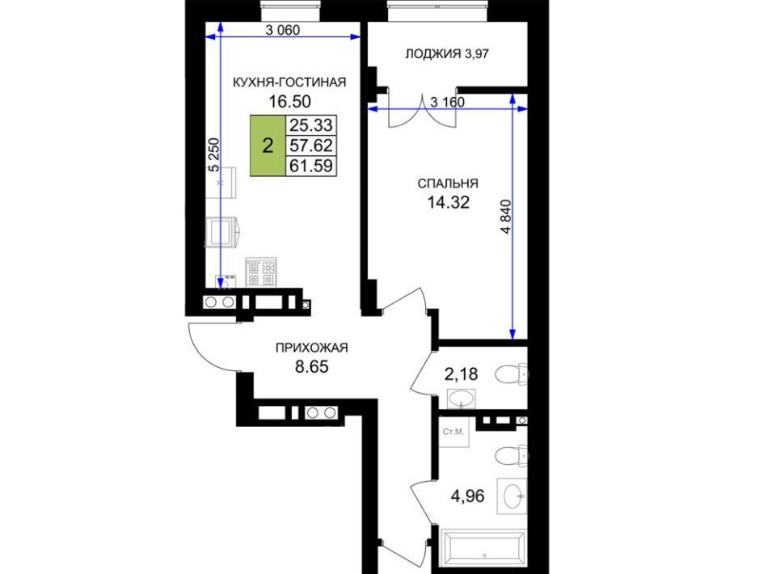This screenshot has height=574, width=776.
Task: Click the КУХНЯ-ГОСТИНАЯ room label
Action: coord(289,82)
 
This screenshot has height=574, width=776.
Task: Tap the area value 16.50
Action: coord(289,101)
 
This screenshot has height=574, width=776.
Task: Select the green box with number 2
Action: coord(268,146)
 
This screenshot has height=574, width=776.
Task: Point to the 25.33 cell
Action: coord(310,125)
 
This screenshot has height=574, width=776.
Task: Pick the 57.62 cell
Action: coord(310,146)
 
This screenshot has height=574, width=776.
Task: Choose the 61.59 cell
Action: coord(310,165)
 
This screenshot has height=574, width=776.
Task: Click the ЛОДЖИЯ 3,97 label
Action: coord(447,53)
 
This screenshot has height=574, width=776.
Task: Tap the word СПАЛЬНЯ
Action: coord(448,184)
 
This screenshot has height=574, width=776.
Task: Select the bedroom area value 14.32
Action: coord(448,202)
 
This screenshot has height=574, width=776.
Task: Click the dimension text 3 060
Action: coord(283,30)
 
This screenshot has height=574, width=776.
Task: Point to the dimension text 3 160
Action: coord(447,102)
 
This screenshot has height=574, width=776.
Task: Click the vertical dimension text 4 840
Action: coord(506,217)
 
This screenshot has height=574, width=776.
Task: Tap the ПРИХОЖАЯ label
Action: coord(312,348)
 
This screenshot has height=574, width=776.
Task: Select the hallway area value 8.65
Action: coord(312,367)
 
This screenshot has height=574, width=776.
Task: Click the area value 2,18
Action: coord(462,374)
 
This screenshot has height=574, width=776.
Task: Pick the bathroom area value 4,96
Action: coord(468,496)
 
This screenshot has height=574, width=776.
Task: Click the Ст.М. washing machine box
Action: coord(453,432)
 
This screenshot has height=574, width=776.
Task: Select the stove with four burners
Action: coord(261,272)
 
